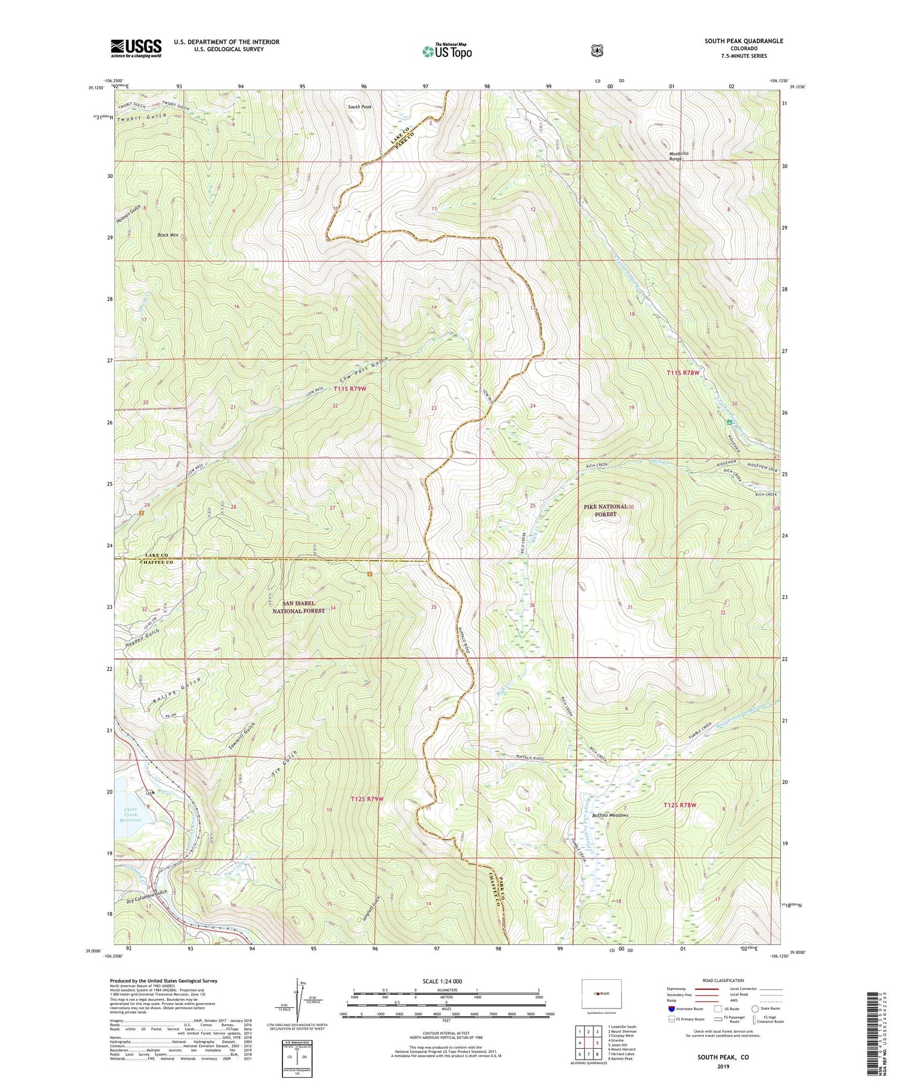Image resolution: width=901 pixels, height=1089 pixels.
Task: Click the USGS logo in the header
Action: (x=136, y=48)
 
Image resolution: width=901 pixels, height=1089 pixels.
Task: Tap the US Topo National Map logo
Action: (x=447, y=51)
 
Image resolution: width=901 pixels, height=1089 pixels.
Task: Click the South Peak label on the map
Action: (x=359, y=107)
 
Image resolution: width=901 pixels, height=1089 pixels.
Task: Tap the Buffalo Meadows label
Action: (x=610, y=815)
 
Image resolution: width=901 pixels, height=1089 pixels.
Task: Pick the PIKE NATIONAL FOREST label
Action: (x=606, y=511)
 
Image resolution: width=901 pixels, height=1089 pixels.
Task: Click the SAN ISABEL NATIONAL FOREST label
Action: (x=299, y=607)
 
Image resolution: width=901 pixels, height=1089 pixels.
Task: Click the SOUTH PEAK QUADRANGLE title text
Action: (x=744, y=41)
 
